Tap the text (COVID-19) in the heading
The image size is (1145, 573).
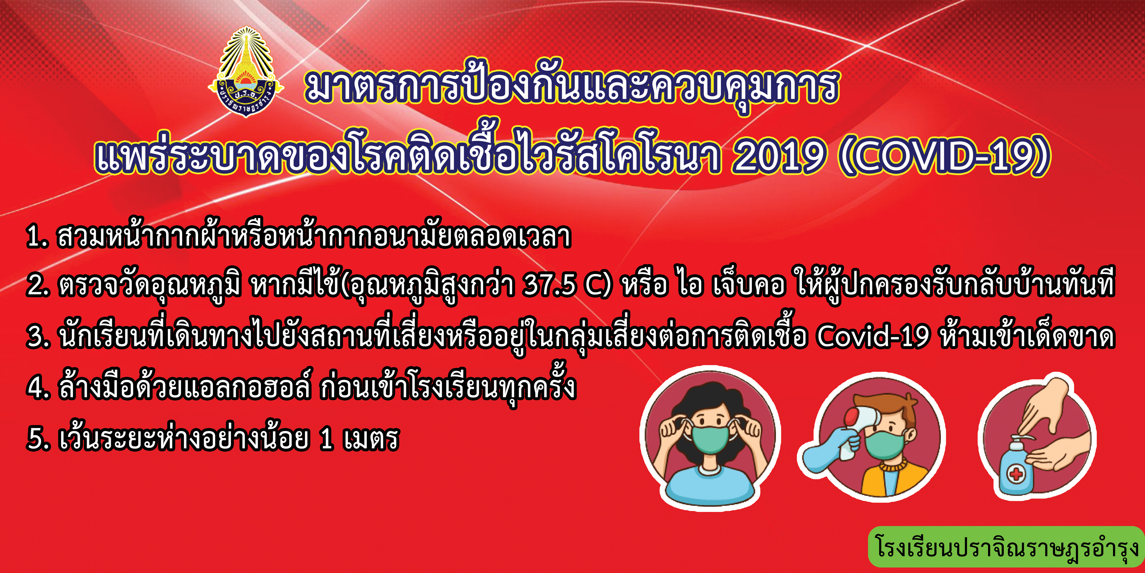[945, 156]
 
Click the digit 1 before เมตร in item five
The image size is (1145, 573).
[326, 438]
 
